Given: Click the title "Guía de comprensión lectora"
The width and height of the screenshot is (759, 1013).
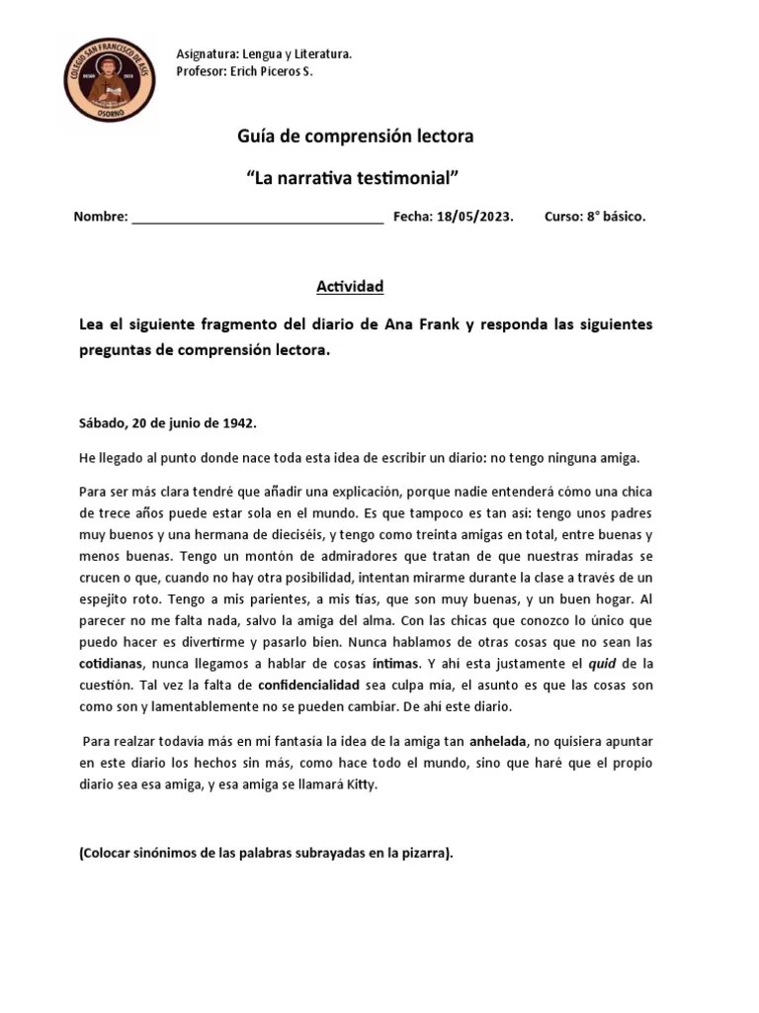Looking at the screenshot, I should pos(355,137).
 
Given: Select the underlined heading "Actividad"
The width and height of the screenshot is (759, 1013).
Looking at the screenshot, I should pos(349,287).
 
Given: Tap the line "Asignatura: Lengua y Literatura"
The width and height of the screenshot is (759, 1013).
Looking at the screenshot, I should pos(263,53).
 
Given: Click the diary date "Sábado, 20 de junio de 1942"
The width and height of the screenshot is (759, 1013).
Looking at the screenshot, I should pos(167,422).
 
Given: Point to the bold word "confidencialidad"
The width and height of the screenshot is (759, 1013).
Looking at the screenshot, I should pos(318,685).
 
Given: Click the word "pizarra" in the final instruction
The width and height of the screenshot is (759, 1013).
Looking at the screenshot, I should pos(424,855).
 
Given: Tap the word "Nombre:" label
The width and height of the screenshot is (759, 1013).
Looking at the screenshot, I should pos(101,218).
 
